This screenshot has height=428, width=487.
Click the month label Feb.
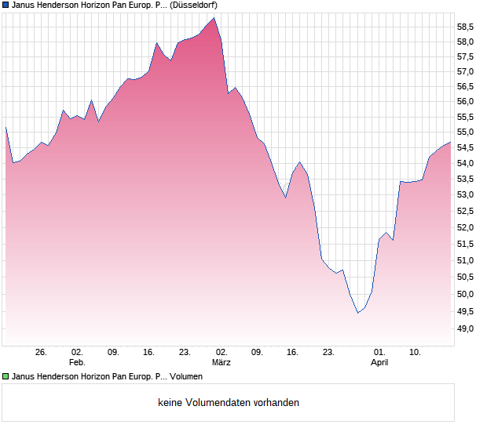(x=77, y=363)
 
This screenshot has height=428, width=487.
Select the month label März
(x=222, y=363)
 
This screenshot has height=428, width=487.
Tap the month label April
(x=379, y=363)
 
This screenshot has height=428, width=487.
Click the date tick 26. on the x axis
(x=42, y=353)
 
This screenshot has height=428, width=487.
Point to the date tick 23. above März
(x=185, y=353)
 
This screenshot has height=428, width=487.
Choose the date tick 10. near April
(x=416, y=353)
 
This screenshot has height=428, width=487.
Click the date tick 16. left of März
(x=149, y=353)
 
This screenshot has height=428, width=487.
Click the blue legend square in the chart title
(x=6, y=5)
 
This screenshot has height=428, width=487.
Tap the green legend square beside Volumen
(x=6, y=377)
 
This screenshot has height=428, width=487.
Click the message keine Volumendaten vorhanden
(x=229, y=403)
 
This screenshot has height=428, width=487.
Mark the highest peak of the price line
(x=214, y=17)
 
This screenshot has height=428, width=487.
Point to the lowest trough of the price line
(x=357, y=313)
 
